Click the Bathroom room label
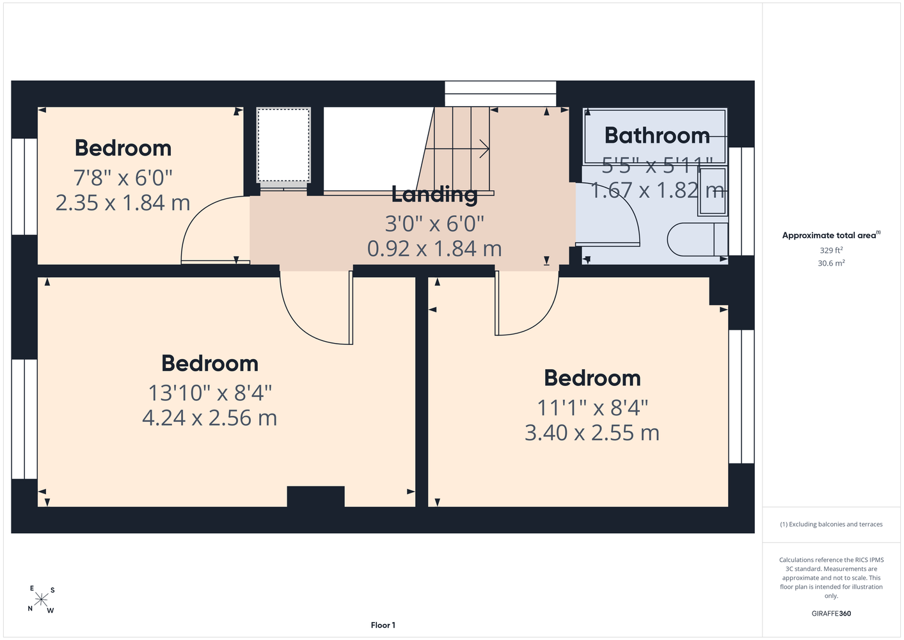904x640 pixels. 656,136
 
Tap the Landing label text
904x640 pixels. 434,195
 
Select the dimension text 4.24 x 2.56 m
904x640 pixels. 209,418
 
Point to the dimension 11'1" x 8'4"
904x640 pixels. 592,408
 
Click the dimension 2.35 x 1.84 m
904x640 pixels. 123,203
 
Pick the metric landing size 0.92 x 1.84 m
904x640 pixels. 434,249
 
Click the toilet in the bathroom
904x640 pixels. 697,239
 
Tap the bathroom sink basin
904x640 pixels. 713,191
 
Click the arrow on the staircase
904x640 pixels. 457,149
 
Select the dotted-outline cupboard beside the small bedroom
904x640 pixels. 283,145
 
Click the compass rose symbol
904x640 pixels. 41,600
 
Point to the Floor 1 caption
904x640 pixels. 383,625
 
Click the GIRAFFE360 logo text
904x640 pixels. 831,613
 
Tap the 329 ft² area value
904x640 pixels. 831,250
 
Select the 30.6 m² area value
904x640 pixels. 831,263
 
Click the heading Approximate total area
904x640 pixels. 831,235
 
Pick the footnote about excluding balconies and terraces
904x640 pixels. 831,524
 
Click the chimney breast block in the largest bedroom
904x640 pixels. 315,496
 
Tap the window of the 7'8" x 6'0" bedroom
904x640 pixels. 24,186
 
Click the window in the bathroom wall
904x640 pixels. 741,201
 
